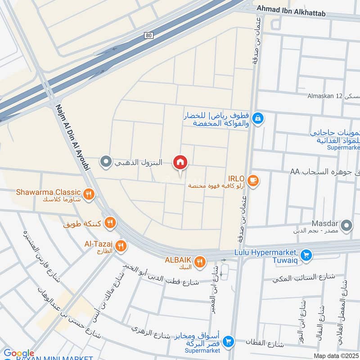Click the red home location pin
pos(180,163)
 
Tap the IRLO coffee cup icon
pos(253,180)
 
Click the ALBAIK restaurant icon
pos(200,261)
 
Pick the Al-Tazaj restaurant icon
pos(121,246)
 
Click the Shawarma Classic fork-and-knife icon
pos(89,194)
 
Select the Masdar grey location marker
pos(346,225)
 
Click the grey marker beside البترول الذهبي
pos(106,161)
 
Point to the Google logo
pos(18,353)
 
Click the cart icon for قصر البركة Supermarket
pos(229,342)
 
